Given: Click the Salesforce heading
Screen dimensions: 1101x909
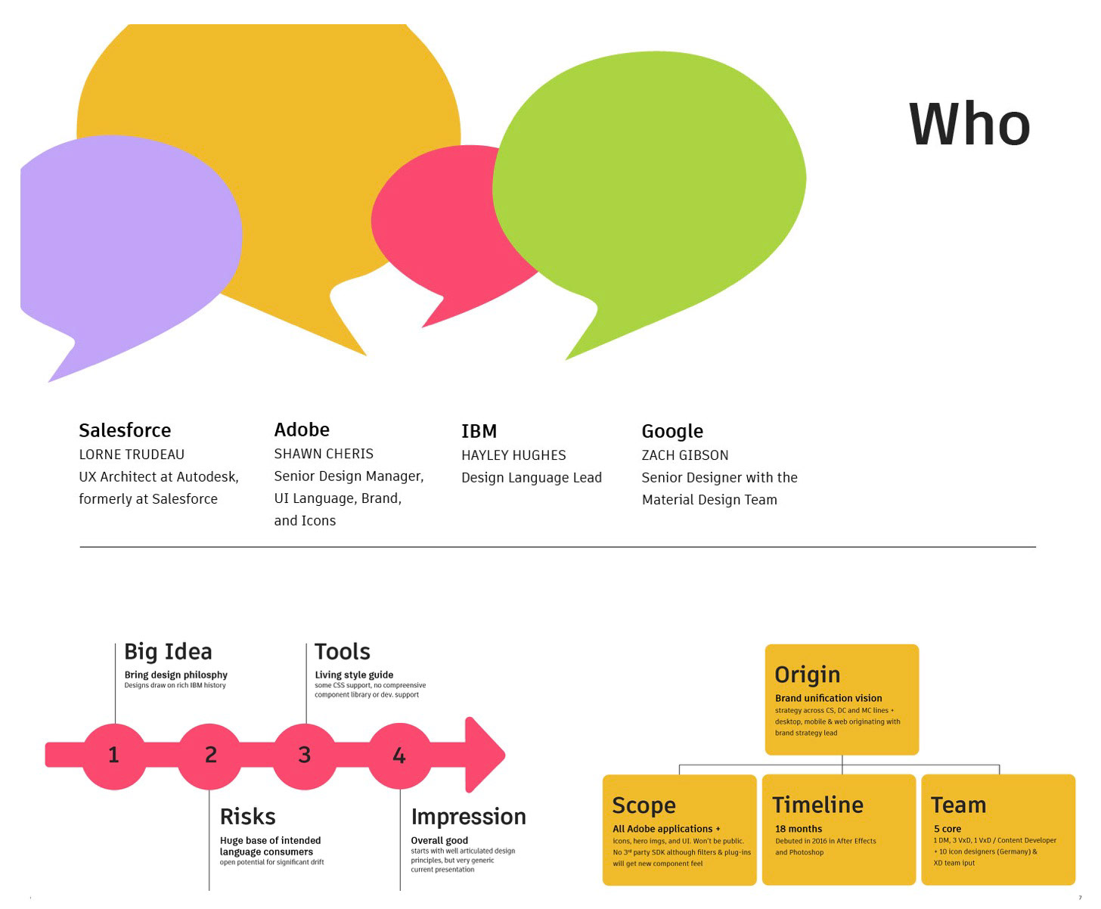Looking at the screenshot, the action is pos(125,430).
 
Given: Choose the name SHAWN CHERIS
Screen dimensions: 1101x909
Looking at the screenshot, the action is pos(323,454).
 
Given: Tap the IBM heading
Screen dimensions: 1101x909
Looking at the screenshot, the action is pos(479,431).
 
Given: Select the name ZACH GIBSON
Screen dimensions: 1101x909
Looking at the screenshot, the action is pos(684,455).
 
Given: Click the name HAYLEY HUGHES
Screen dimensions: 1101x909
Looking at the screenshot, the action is pos(513,455).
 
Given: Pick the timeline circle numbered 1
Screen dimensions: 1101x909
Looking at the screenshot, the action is pos(114,755).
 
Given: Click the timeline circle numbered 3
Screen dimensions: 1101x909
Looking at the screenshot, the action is pos(304,755).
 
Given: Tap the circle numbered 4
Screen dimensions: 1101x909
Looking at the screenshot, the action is pos(399,755).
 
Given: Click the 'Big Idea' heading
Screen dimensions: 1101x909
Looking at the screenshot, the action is pos(168,652).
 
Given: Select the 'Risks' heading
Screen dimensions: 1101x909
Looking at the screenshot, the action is pos(247,816).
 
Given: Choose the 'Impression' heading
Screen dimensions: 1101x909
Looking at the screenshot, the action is pos(468,817).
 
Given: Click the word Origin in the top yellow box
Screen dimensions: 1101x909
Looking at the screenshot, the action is pos(807,675).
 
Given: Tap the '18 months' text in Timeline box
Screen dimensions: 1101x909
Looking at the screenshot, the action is pos(799,828).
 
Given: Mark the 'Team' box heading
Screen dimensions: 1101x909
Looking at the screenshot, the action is pos(958,805).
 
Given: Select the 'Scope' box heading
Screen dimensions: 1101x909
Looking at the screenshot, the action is pos(644,805).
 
